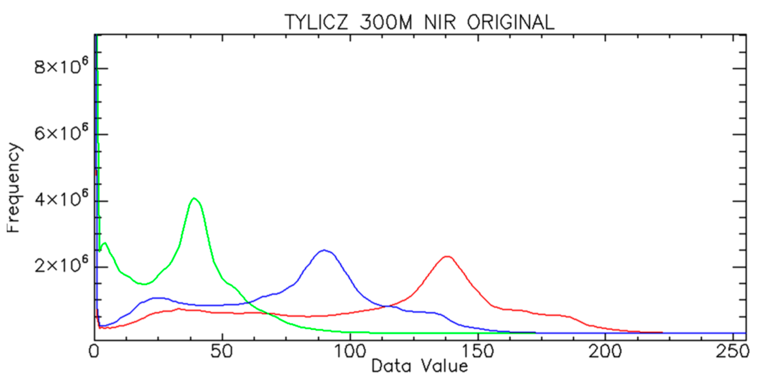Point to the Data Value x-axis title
pyautogui.click(x=419, y=366)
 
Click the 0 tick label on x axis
pyautogui.click(x=94, y=352)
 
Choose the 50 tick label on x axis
pyautogui.click(x=222, y=352)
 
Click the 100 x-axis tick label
pyautogui.click(x=350, y=352)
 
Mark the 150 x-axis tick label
pyautogui.click(x=478, y=352)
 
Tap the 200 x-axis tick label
pyautogui.click(x=605, y=352)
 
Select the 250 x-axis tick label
pyautogui.click(x=732, y=352)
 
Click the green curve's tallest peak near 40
pyautogui.click(x=194, y=198)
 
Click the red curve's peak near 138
pyautogui.click(x=447, y=256)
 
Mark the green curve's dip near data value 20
pyautogui.click(x=144, y=284)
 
